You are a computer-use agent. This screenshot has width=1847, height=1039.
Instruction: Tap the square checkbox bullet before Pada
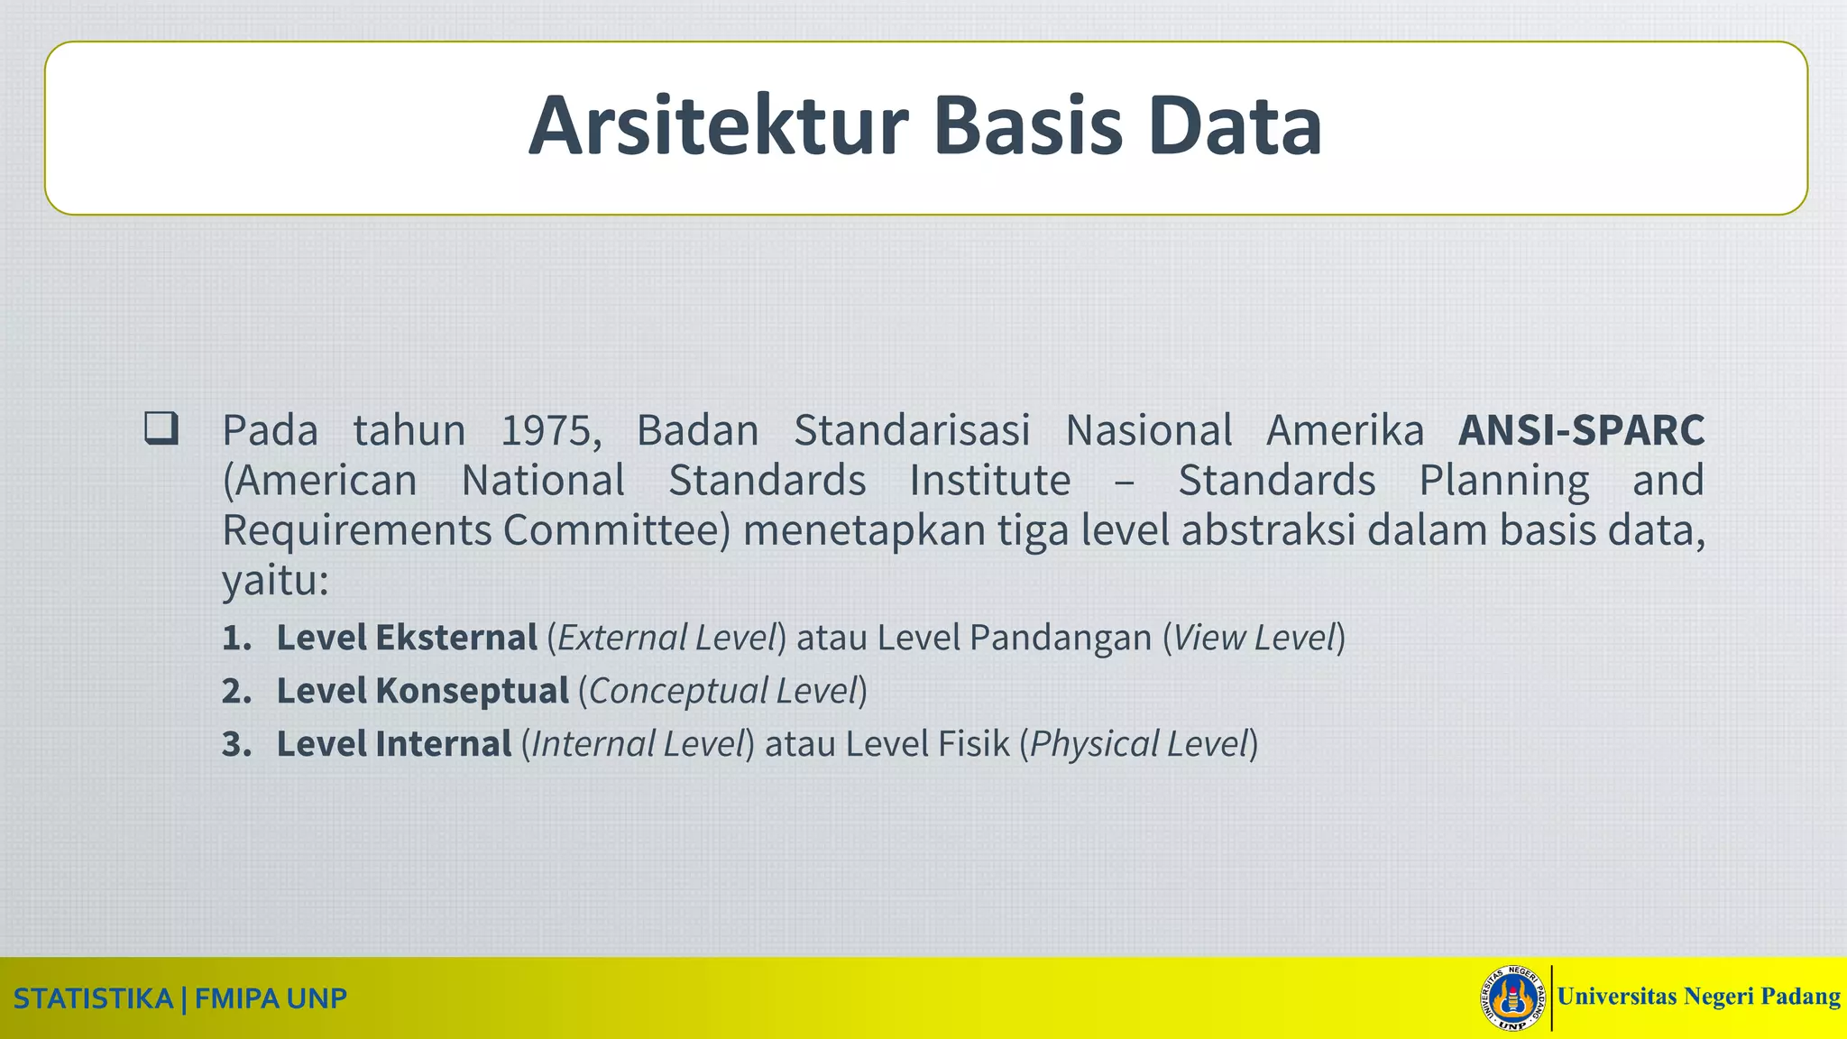point(161,428)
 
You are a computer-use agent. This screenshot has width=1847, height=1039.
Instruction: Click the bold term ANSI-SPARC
point(1581,430)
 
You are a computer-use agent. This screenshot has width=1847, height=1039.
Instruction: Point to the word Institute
point(989,481)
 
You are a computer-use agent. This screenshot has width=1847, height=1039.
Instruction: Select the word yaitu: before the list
point(275,582)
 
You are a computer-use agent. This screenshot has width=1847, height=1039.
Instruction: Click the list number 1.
point(236,639)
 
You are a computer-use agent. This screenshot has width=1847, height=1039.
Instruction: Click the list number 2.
point(236,692)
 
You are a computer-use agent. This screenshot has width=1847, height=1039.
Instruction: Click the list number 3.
point(236,745)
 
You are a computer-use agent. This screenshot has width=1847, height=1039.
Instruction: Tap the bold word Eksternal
point(456,638)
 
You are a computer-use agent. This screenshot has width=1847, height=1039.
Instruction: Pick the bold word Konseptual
point(472,691)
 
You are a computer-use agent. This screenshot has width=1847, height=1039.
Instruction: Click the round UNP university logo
point(1513,998)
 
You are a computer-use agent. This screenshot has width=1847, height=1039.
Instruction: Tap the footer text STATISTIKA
point(93,999)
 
